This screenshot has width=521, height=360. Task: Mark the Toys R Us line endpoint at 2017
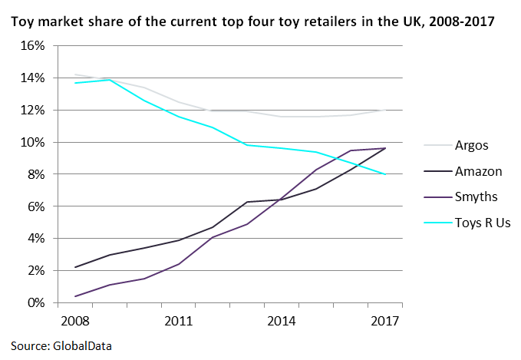point(384,174)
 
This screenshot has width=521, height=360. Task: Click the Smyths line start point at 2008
point(75,296)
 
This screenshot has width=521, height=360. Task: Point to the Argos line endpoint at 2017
point(384,110)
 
